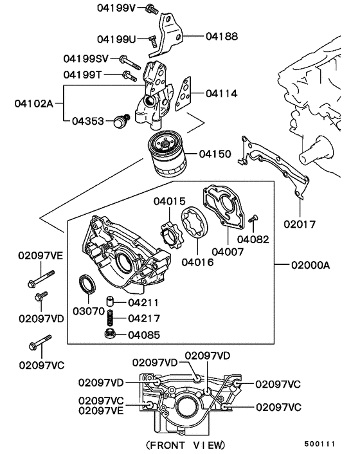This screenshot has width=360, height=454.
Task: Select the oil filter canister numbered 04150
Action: [169, 156]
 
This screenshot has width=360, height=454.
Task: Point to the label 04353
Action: [88, 120]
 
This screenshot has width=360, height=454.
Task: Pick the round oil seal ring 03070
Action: [86, 284]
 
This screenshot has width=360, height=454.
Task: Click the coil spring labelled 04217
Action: [111, 318]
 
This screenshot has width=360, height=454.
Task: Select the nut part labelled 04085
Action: [110, 334]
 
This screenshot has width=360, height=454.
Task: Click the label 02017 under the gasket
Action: [300, 224]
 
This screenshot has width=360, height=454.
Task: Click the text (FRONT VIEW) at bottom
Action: [186, 444]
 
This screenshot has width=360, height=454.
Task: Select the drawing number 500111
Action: [319, 444]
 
